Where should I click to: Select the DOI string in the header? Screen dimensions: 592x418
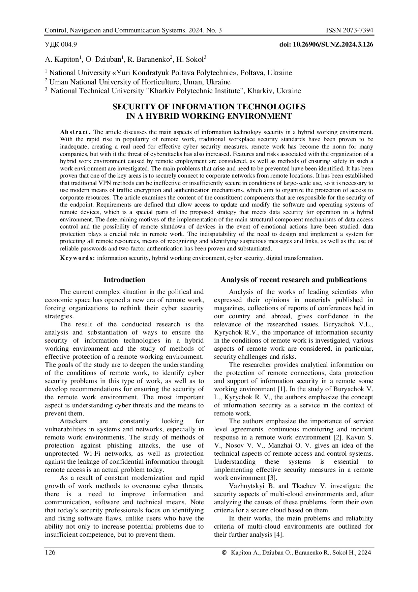tap(326, 44)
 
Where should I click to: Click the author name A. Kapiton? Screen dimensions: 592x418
tap(62, 60)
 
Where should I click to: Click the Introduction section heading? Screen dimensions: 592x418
tap(124, 280)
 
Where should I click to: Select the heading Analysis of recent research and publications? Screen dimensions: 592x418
tap(294, 280)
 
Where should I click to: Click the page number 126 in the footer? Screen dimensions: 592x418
tap(50, 553)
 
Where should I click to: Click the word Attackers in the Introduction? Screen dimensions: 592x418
tap(73, 421)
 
